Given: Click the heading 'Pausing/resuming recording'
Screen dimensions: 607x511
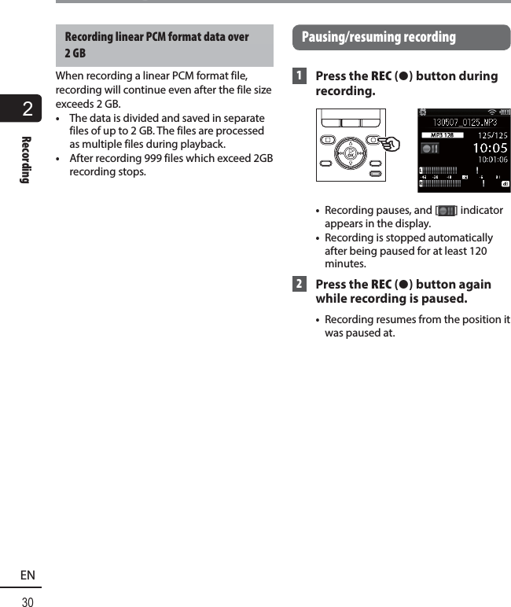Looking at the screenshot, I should click(378, 37).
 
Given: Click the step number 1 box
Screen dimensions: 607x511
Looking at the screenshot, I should click(299, 76).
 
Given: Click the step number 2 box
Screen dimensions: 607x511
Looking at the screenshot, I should click(299, 285).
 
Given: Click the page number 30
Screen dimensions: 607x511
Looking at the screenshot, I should click(28, 601).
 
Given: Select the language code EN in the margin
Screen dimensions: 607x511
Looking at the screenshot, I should click(28, 576).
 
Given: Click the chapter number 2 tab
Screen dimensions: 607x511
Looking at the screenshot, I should click(28, 109).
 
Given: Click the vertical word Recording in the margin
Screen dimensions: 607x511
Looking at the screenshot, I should click(26, 160).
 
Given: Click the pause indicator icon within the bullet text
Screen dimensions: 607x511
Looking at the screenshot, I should click(446, 211).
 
